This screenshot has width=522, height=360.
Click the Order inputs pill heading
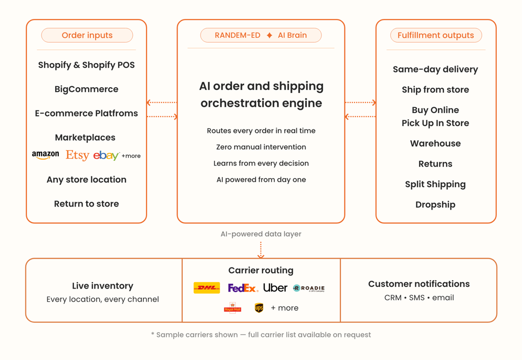pos(87,35)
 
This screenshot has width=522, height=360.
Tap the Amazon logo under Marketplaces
pos(45,155)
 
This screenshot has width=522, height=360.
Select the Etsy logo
pos(77,155)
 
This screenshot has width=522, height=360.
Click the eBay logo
pos(106,156)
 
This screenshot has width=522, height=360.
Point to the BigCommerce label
pos(86,89)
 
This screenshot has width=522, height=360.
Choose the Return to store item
pos(86,204)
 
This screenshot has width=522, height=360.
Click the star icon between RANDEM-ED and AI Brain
pos(269,35)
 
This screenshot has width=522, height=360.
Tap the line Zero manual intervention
pos(261,147)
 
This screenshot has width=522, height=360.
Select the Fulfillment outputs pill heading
pos(435,35)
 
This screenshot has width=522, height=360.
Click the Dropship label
pos(435,205)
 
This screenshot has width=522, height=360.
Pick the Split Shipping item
pos(435,184)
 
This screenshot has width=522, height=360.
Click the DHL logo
pos(207,288)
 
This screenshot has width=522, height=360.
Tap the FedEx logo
pos(243,288)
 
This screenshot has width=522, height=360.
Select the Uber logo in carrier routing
pos(275,287)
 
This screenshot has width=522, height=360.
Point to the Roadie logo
pos(309,288)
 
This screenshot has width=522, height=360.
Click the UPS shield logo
pos(259,308)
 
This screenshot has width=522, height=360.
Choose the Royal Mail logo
pos(233,308)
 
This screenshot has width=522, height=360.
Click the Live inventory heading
pos(102,286)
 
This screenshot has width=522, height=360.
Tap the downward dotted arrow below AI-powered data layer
pos(261,250)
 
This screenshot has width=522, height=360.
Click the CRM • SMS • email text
pos(419,297)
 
